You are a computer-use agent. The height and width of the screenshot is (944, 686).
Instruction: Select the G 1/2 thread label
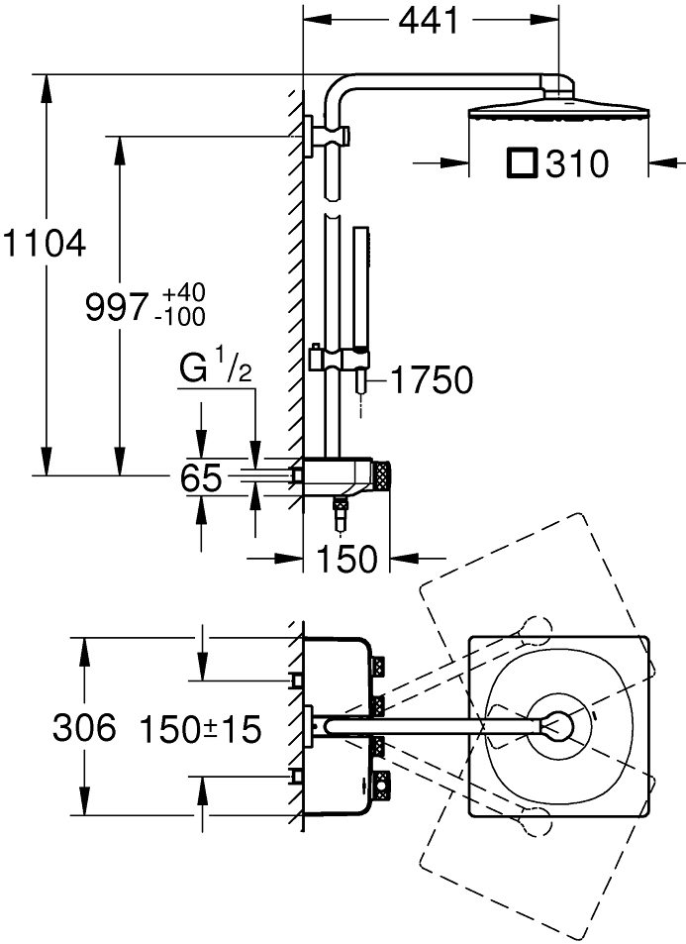[x=216, y=371]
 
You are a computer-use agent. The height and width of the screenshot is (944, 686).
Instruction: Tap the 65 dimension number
[x=202, y=479]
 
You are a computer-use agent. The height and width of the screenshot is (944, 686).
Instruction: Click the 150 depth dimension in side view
[x=346, y=560]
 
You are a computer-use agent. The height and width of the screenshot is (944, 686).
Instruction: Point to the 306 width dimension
[x=85, y=729]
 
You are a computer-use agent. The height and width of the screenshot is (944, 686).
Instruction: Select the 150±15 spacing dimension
[x=201, y=730]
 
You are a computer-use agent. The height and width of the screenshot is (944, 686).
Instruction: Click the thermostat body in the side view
[x=337, y=474]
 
